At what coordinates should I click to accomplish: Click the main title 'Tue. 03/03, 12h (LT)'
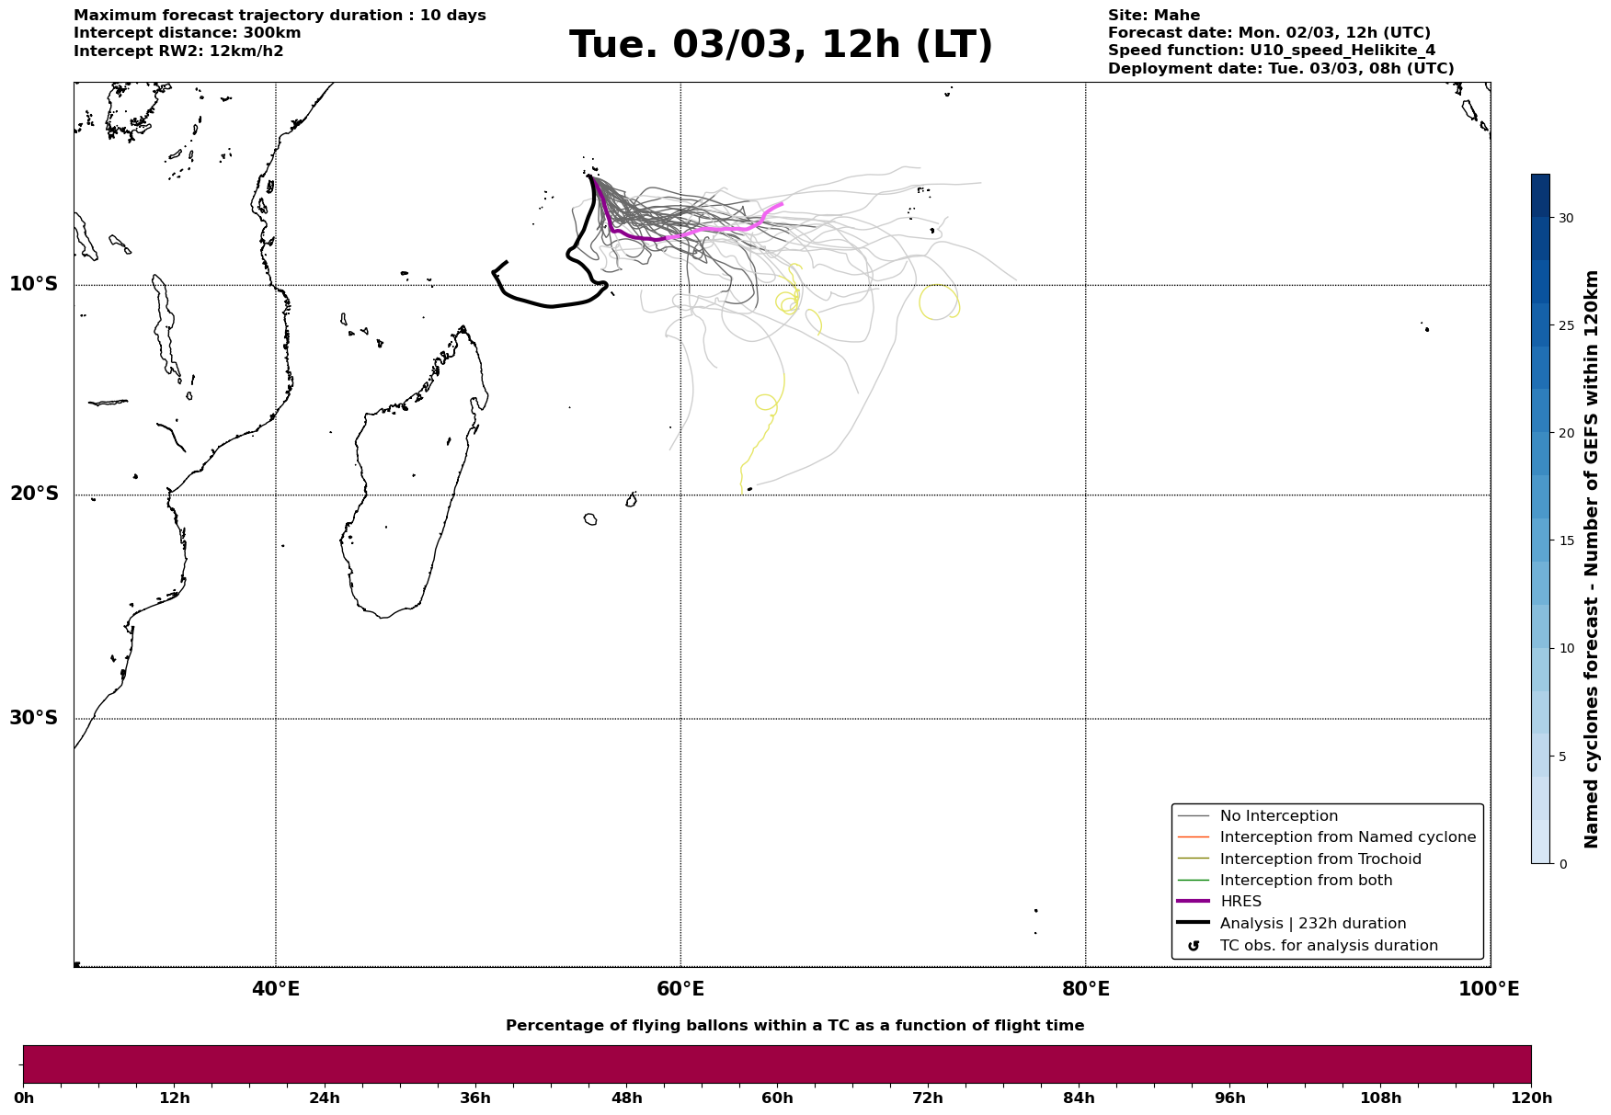pyautogui.click(x=781, y=45)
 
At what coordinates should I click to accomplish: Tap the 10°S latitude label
pyautogui.click(x=34, y=284)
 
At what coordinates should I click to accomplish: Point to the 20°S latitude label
pyautogui.click(x=34, y=495)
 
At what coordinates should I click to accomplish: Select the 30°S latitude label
pyautogui.click(x=34, y=718)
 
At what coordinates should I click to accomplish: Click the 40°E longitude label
pyautogui.click(x=276, y=989)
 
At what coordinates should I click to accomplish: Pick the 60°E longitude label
pyautogui.click(x=680, y=989)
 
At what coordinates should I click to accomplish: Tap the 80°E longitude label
pyautogui.click(x=1086, y=989)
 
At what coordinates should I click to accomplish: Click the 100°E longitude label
pyautogui.click(x=1489, y=989)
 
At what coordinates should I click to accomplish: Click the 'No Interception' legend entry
pyautogui.click(x=1258, y=816)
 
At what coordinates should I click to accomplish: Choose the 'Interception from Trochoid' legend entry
pyautogui.click(x=1299, y=859)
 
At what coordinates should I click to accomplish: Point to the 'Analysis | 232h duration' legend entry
pyautogui.click(x=1292, y=924)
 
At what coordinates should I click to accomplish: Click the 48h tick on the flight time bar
pyautogui.click(x=626, y=1098)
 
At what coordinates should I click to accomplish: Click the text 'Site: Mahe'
pyautogui.click(x=1154, y=16)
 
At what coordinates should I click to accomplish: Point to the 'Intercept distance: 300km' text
pyautogui.click(x=188, y=33)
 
